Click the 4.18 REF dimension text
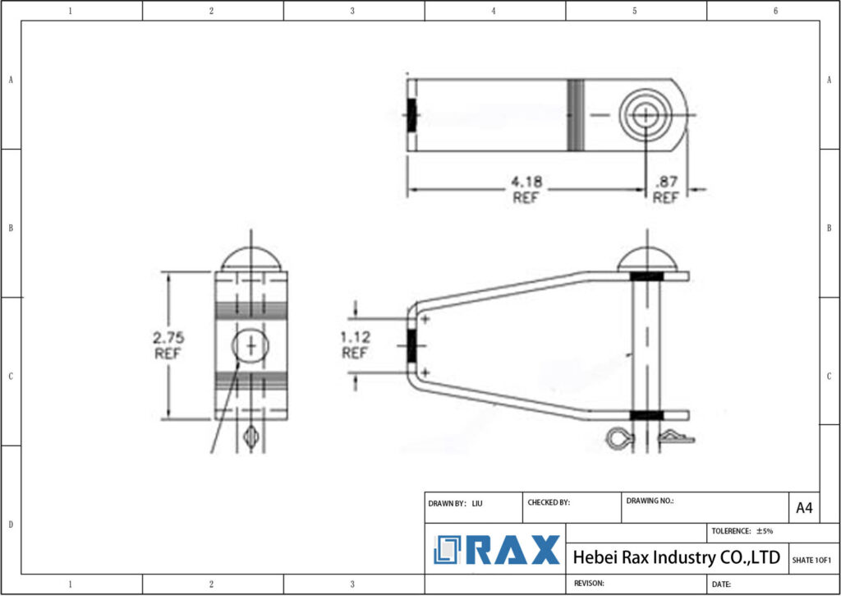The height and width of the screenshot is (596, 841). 526,189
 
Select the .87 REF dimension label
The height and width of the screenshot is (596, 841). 665,189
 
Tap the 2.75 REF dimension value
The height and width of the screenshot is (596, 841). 169,345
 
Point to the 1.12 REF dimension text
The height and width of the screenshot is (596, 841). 355,344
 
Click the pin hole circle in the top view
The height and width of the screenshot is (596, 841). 645,114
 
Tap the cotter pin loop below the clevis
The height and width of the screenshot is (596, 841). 619,438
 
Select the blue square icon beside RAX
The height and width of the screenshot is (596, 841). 448,550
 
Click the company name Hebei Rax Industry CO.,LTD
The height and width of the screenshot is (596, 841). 676,557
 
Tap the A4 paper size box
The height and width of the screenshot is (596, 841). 804,508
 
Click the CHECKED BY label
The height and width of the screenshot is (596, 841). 548,502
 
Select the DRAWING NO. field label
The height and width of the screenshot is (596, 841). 650,501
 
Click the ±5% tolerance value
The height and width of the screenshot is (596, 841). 765,531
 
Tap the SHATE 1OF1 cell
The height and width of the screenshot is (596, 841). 811,560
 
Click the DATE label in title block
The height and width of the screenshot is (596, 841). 722,584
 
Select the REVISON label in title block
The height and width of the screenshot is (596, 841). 589,583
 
